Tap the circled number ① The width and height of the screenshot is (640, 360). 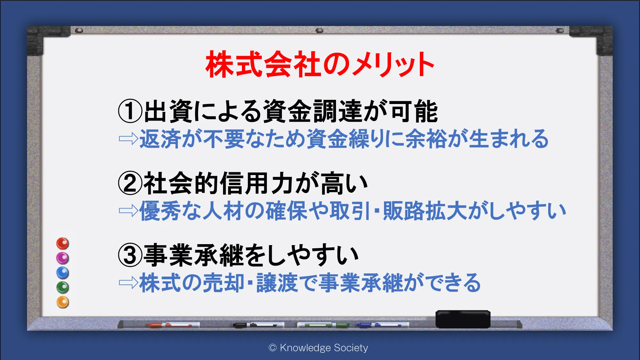130,111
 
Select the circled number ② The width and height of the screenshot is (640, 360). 130,183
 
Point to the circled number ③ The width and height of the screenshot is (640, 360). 130,255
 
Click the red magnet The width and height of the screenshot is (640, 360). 63,244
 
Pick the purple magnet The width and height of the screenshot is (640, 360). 63,258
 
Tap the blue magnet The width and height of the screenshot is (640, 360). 63,273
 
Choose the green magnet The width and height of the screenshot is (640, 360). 63,287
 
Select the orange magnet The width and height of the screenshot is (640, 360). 63,302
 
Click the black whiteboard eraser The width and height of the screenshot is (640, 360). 463,319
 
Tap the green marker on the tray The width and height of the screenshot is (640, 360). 323,325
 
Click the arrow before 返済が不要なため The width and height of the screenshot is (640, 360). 128,139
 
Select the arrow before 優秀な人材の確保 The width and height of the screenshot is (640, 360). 128,211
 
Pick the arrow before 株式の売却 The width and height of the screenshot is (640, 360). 128,283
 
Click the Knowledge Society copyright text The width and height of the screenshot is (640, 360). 318,348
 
